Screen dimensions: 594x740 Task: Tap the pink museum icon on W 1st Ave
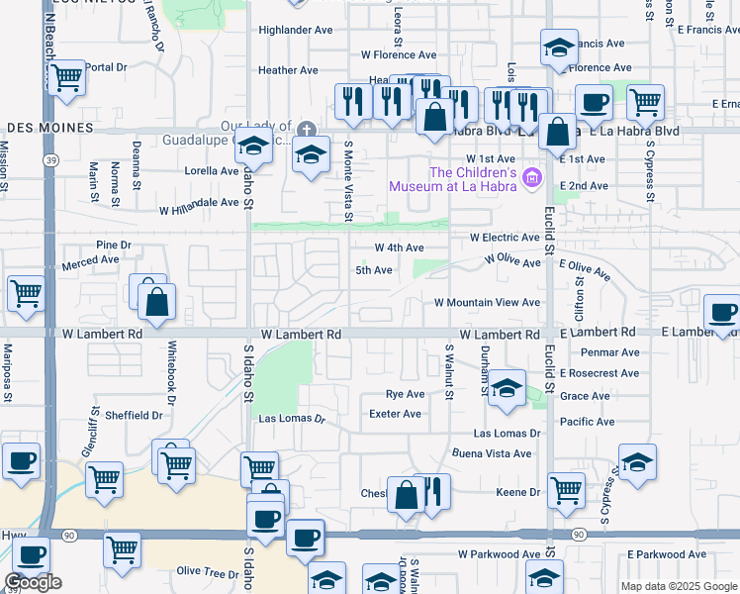coord(533,178)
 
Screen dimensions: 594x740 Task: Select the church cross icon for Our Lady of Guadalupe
coord(307,129)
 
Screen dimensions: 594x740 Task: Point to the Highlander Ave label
coord(296,30)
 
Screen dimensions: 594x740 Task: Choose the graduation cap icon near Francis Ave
coord(558,48)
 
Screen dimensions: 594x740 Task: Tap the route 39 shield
coord(48,158)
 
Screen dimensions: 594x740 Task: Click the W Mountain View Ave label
coord(487,302)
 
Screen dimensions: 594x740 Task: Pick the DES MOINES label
coord(49,129)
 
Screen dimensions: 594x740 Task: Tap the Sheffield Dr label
coord(134,416)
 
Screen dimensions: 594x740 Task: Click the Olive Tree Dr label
coord(202,572)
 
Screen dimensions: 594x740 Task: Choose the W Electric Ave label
coord(505,238)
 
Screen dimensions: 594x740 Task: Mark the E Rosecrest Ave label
coord(601,373)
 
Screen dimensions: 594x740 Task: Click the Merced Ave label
coord(90,260)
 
